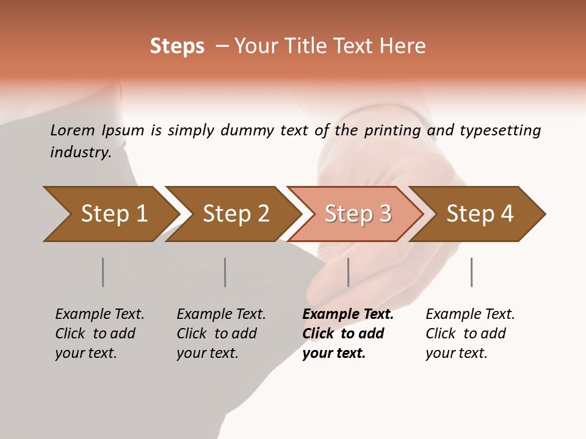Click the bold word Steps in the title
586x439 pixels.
pos(177,46)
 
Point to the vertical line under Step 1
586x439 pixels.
pos(103,272)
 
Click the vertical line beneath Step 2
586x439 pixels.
pos(225,272)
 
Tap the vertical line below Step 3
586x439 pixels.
pos(349,272)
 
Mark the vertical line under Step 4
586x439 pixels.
pos(472,272)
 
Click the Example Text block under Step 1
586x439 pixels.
pos(99,334)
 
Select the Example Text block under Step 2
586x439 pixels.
pos(221,334)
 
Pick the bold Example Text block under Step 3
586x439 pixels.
pos(347,334)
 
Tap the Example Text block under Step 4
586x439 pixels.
pos(470,334)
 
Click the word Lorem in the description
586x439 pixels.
pos(72,130)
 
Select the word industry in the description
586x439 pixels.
pos(81,152)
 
